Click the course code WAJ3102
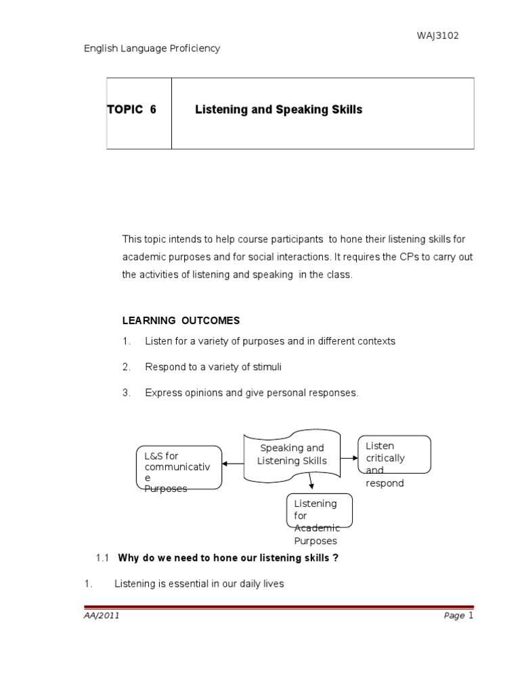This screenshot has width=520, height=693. (437, 36)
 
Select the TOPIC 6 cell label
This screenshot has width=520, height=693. (131, 110)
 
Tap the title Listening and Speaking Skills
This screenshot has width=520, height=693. (278, 110)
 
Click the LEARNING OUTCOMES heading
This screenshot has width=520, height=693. (181, 320)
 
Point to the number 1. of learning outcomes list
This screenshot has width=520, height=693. (126, 341)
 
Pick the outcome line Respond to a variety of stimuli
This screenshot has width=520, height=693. (213, 367)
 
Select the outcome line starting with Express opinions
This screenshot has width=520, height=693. (251, 393)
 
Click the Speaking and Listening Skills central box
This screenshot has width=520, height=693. (292, 455)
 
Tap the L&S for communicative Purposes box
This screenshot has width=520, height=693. (179, 467)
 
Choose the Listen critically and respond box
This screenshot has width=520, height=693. (393, 464)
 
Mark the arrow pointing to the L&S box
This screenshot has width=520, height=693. (233, 464)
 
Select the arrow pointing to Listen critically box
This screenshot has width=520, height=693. (349, 458)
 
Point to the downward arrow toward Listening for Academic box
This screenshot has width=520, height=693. (311, 481)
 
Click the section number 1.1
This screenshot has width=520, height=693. (103, 558)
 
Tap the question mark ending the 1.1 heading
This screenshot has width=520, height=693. (335, 558)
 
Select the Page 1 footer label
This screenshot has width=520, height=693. (458, 616)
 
